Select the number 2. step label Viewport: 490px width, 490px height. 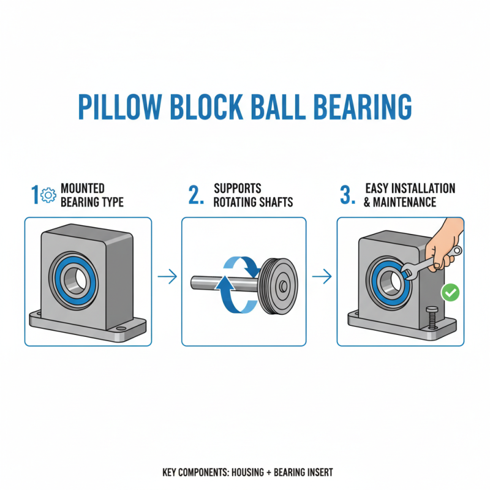click(195, 195)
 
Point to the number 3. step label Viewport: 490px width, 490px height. click(347, 195)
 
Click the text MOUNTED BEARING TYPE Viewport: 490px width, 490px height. click(92, 195)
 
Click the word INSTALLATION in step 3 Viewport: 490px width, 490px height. click(421, 188)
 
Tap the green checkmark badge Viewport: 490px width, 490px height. click(451, 293)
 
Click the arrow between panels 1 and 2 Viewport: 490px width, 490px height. click(166, 279)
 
